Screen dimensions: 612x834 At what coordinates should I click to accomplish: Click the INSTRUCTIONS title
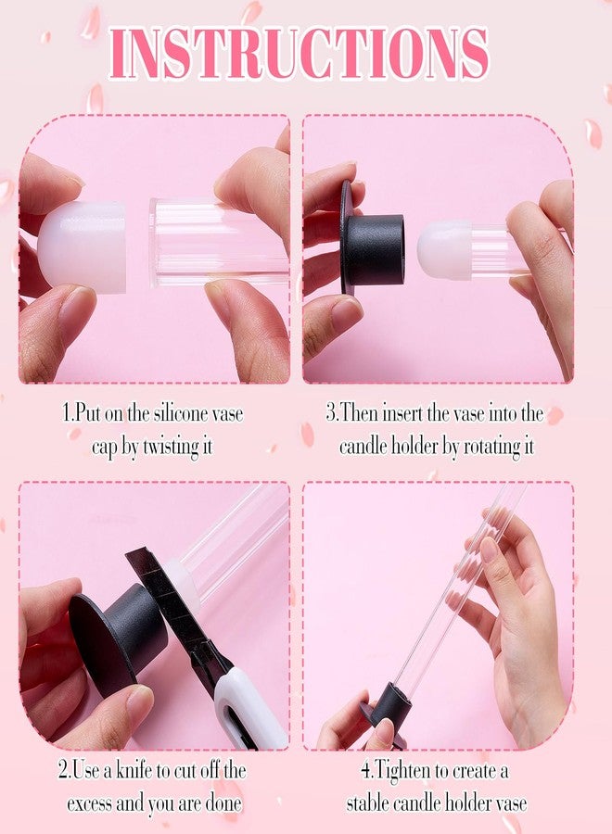point(300,52)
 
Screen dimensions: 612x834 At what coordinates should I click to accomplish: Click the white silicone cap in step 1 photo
point(83,246)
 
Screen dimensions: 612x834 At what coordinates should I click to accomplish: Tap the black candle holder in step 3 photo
point(370,248)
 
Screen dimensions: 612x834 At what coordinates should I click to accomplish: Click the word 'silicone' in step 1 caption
point(179,413)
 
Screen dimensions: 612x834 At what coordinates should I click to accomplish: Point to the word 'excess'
point(89,803)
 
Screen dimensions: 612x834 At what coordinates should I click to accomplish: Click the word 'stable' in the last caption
point(365,802)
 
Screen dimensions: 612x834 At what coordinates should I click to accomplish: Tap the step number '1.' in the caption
point(67,413)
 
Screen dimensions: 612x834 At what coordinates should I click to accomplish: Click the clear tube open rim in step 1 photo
point(154,243)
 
